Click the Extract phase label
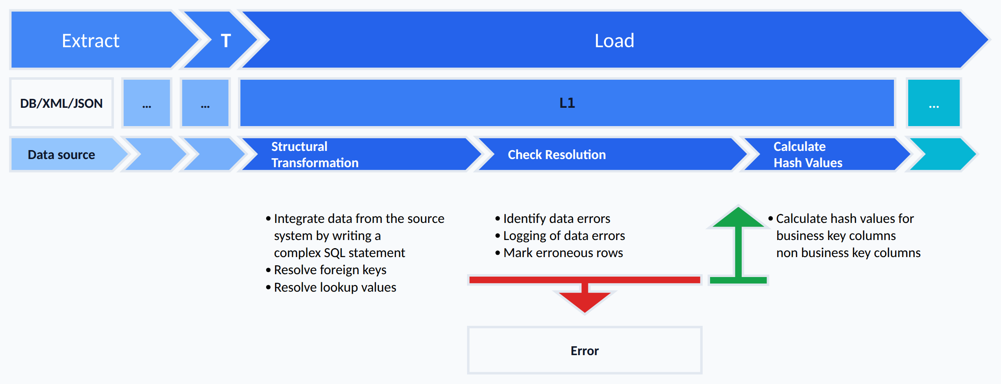tap(90, 41)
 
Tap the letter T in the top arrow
tap(226, 41)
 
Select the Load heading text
tap(614, 41)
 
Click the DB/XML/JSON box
tap(61, 103)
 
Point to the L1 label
tap(567, 103)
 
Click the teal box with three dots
tap(933, 103)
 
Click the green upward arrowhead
tap(738, 217)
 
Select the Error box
tap(585, 350)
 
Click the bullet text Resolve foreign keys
tap(330, 270)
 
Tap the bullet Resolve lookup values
tap(335, 287)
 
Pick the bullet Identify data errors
tap(557, 218)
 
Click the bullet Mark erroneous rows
tap(563, 253)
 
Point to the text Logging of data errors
tap(564, 236)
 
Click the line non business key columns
tap(848, 253)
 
